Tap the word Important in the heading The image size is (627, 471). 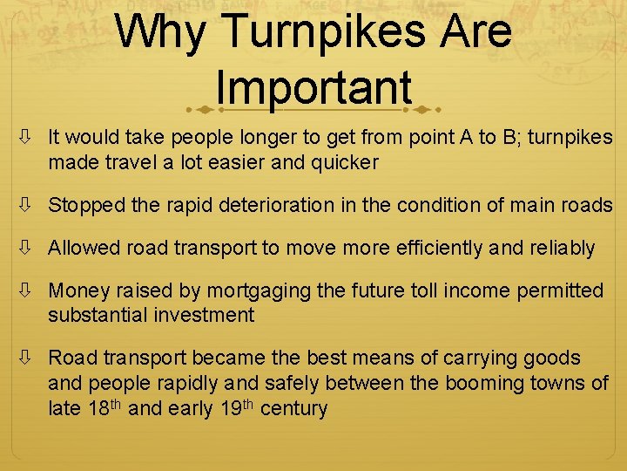coord(313,87)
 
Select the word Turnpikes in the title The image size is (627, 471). coord(330,31)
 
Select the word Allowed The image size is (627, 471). coord(84,248)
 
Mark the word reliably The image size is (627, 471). coord(558,248)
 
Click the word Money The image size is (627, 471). coord(78,290)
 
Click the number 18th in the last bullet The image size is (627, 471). coord(104,407)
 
